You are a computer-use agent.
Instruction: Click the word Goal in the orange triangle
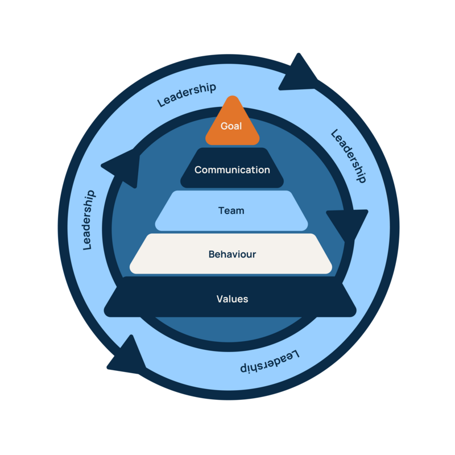(x=231, y=126)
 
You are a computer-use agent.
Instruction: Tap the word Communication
(x=232, y=169)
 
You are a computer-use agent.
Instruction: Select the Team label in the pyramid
(x=231, y=210)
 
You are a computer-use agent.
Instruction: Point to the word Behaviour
(x=231, y=254)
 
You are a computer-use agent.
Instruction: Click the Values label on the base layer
(x=232, y=299)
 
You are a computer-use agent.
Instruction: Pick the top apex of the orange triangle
(x=231, y=98)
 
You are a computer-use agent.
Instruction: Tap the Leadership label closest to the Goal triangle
(x=187, y=95)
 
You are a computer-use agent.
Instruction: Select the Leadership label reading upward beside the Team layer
(x=89, y=220)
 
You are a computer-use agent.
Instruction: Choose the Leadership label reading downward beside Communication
(x=347, y=156)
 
